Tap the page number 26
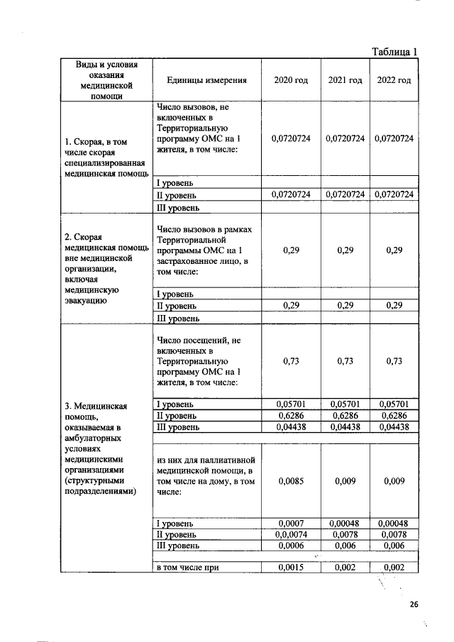pos(414,604)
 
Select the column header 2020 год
pos(291,81)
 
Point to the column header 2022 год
pos(394,81)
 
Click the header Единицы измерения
pos(206,81)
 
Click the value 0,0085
pos(291,480)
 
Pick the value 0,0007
pos(291,524)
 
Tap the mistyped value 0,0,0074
pos(291,535)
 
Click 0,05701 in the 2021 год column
pos(345,404)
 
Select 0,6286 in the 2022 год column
pos(394,416)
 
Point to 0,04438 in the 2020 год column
pos(291,427)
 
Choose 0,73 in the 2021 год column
pos(345,361)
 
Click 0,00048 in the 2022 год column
pos(394,524)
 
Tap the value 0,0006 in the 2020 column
pos(291,546)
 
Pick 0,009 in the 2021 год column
pos(345,480)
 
